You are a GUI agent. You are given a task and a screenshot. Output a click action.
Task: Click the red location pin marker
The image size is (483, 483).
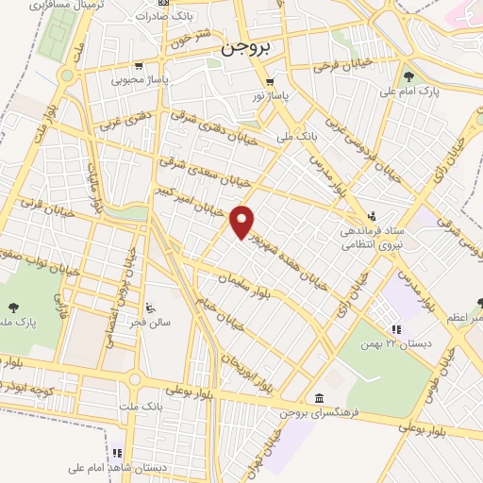pos(243,221)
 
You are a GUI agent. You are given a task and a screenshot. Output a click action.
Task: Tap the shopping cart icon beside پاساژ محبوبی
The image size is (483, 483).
pos(139,66)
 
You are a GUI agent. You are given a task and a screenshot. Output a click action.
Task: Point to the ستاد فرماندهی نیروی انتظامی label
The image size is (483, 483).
pos(374,233)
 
